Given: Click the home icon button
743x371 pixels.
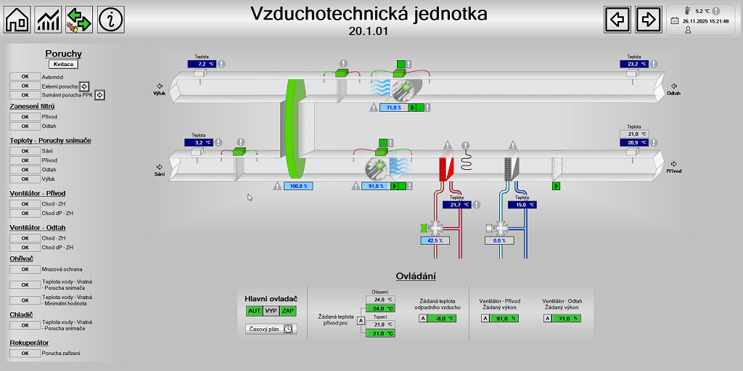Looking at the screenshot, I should click(17, 20).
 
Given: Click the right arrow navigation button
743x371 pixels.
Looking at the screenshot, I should click(649, 20).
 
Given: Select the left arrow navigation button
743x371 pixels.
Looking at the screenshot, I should click(617, 20).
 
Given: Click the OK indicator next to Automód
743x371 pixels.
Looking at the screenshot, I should click(25, 76).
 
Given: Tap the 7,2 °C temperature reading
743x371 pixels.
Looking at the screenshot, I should click(202, 64).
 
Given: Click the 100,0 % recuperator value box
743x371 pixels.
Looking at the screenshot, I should click(297, 186).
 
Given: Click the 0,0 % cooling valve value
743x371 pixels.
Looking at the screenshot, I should click(499, 240).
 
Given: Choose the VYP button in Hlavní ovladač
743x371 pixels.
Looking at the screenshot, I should click(271, 311).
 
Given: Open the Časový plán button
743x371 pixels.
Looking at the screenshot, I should click(271, 329).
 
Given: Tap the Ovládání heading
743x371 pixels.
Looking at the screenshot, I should click(416, 276).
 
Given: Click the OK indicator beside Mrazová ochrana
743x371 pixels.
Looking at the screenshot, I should click(25, 269).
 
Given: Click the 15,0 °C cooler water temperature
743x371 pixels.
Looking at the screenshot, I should click(522, 205).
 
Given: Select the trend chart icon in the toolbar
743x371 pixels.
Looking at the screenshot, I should click(49, 20).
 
